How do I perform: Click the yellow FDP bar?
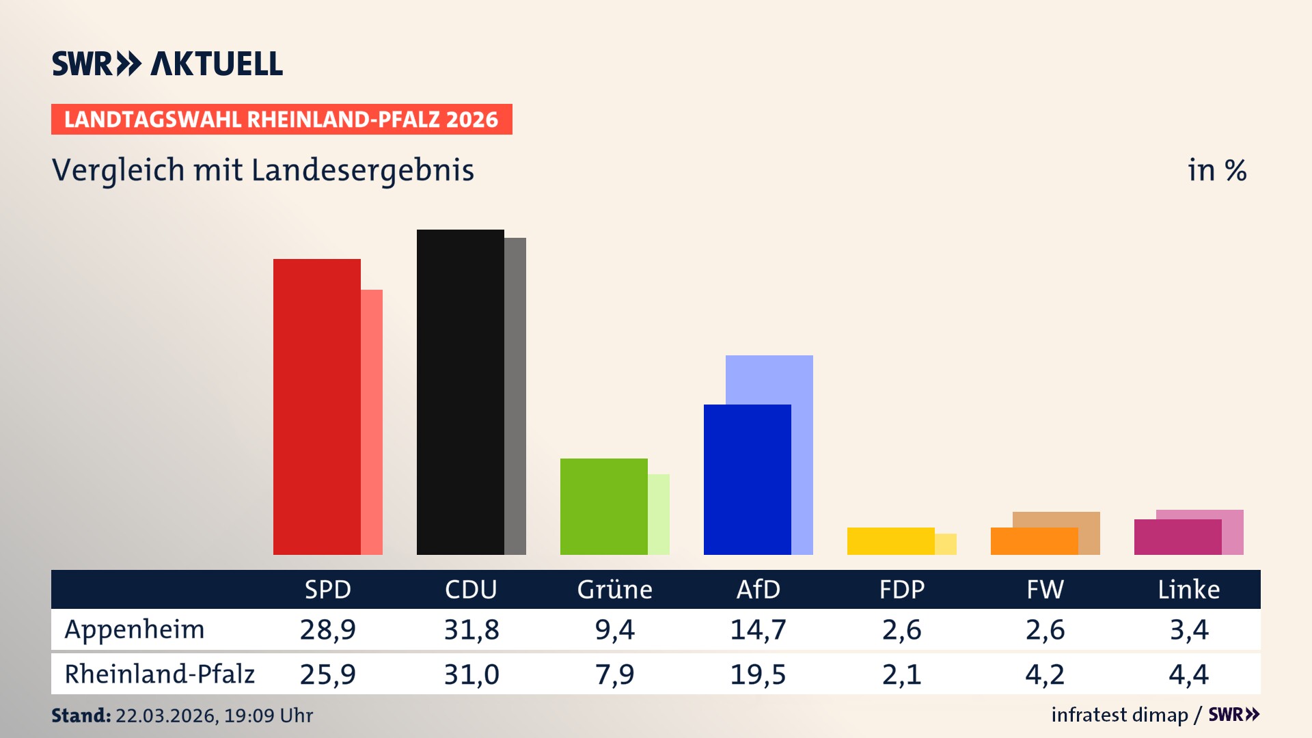coord(890,541)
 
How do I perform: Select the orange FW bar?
coord(1034,541)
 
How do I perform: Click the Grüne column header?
coord(614,590)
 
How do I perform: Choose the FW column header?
coord(1045,590)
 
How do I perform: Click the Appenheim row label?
coord(135,629)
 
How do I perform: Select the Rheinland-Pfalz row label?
coord(159,674)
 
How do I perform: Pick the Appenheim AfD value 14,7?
coord(758,629)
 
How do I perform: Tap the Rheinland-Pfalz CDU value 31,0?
coord(471,674)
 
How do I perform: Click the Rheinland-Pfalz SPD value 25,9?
coord(328,674)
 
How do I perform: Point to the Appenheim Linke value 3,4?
coord(1189,629)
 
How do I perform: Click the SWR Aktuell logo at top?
coord(167,64)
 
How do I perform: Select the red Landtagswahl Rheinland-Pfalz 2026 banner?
coord(282,120)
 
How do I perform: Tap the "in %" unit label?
coord(1217,170)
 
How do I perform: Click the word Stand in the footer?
coord(81,715)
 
